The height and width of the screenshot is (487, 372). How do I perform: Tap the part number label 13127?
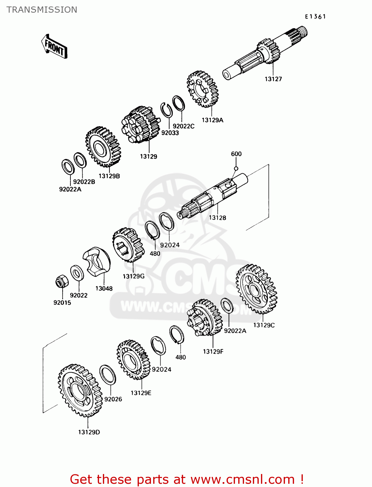[x=273, y=79]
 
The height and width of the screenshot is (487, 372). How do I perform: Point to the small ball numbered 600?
[x=236, y=168]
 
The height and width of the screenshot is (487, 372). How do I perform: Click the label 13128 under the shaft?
[x=217, y=218]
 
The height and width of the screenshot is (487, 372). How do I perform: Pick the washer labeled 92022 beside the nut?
[x=77, y=273]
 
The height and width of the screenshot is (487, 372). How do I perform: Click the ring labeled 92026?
[x=107, y=375]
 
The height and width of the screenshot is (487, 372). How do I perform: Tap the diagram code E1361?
[x=315, y=17]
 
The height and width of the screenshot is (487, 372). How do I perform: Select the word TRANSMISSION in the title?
[x=42, y=10]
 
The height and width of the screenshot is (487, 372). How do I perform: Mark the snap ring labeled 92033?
[x=167, y=110]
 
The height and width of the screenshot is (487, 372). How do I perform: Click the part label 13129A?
[x=213, y=120]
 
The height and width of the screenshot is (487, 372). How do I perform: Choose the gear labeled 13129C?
[x=256, y=289]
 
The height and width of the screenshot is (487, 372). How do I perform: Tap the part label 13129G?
[x=133, y=276]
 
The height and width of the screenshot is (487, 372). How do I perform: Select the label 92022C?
[x=183, y=126]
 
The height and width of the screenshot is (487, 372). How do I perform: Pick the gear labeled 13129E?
[x=133, y=360]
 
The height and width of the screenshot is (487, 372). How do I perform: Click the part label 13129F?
[x=213, y=352]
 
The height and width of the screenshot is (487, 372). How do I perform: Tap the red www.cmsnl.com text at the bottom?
[x=242, y=480]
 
